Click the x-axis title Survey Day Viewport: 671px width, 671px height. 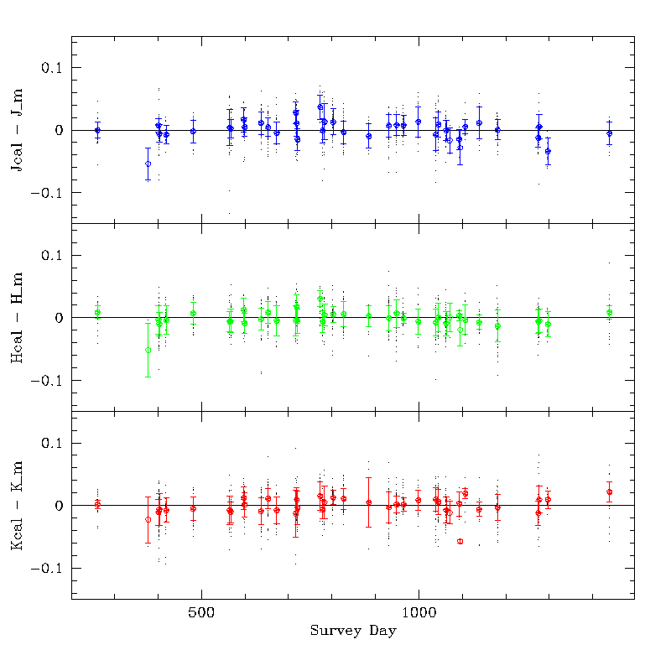pos(352,631)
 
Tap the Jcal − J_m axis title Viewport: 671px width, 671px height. pos(17,130)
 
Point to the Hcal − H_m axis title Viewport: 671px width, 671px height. pos(17,318)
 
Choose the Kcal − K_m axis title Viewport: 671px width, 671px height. pos(17,506)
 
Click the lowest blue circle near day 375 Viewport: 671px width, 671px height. pos(148,164)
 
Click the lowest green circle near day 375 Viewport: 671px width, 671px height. pos(148,351)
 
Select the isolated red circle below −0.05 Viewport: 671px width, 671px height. pos(460,542)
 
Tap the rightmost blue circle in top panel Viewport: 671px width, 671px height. pos(609,133)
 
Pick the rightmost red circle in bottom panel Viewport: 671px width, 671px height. pos(609,492)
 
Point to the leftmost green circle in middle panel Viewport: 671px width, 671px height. pos(97,313)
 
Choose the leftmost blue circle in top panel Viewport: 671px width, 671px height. pos(97,130)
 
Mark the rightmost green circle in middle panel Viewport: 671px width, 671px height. pos(609,313)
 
